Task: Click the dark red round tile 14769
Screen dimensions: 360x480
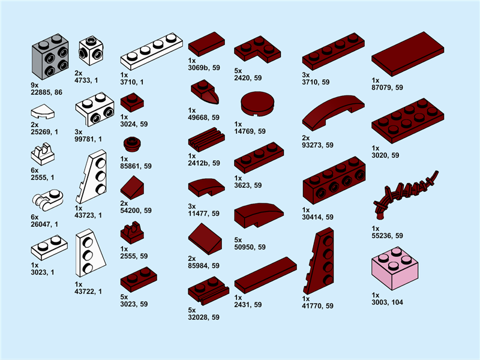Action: [x=257, y=104]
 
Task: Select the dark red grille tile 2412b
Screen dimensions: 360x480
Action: [x=206, y=141]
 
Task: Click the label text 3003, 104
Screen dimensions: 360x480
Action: [x=387, y=302]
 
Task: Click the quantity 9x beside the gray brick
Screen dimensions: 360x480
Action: [x=34, y=86]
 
